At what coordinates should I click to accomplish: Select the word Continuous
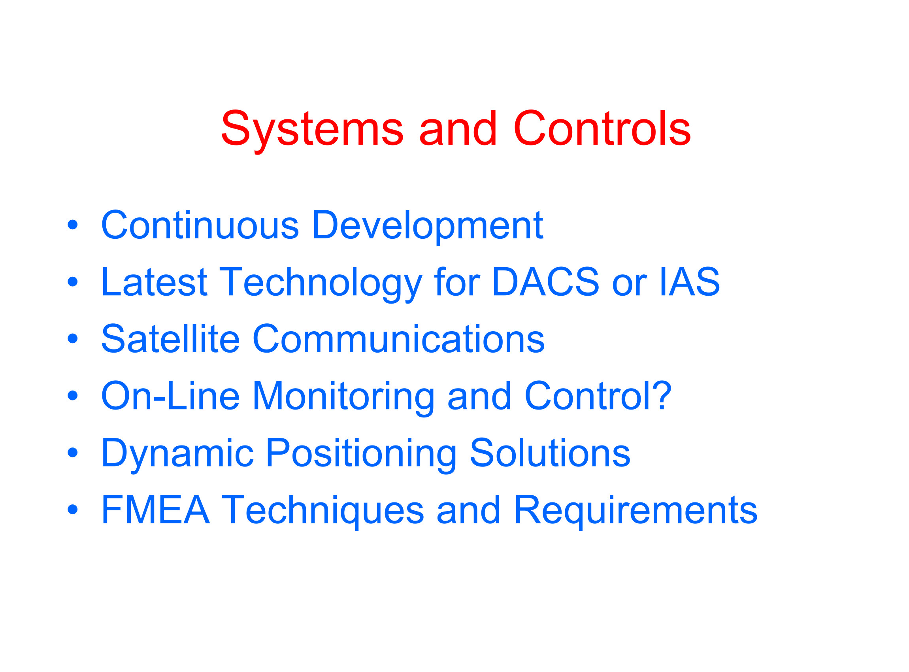[200, 225]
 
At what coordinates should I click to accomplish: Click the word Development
[428, 228]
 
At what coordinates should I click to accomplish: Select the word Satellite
[170, 338]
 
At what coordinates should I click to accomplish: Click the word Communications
[399, 338]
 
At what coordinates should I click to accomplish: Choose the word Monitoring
[344, 398]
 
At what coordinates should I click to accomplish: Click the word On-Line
[170, 395]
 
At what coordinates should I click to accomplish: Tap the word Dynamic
[178, 456]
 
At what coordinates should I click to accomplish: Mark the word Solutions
[550, 452]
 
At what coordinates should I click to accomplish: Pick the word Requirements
[635, 513]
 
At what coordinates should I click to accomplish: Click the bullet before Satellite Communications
[72, 338]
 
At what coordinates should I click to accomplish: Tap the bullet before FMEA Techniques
[72, 509]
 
